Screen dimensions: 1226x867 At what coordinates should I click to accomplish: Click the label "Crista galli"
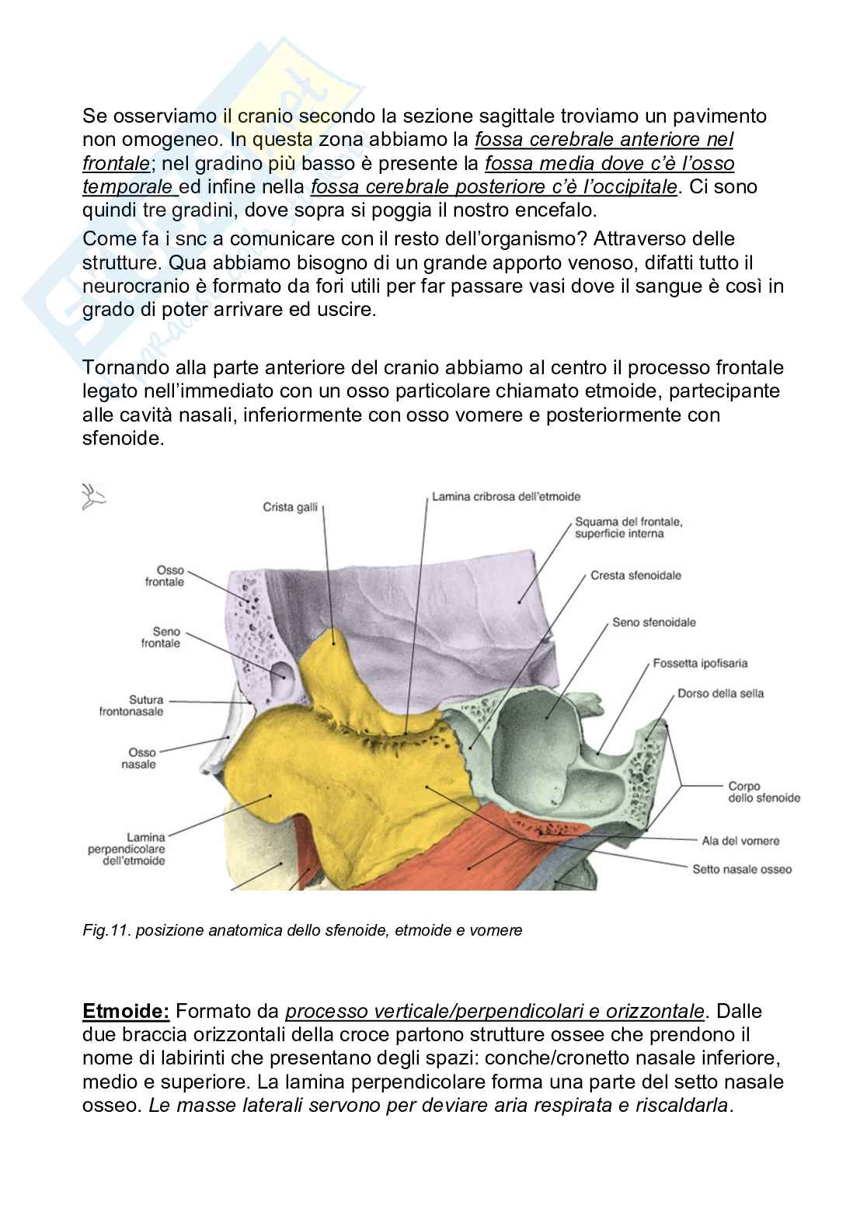[x=290, y=507]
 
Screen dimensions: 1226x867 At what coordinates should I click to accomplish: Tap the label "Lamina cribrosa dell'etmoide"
[x=506, y=496]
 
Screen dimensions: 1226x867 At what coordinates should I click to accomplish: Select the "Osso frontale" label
[x=165, y=575]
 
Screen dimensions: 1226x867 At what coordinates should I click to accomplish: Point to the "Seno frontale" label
[x=161, y=637]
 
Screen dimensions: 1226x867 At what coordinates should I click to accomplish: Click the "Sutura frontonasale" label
[x=131, y=705]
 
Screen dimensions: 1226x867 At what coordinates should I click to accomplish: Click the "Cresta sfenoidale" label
[x=635, y=575]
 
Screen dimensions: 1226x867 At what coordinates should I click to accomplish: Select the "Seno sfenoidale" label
[x=653, y=622]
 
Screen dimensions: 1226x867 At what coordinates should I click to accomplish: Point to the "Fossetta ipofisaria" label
[x=700, y=663]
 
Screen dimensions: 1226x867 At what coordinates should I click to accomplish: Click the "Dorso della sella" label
[x=720, y=693]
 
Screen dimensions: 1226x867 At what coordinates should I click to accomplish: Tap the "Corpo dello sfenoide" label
[x=764, y=791]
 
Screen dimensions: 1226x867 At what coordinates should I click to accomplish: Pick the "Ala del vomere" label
[x=740, y=840]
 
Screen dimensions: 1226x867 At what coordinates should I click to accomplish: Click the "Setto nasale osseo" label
[x=742, y=869]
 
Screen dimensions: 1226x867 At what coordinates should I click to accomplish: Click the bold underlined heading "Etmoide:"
[x=126, y=1011]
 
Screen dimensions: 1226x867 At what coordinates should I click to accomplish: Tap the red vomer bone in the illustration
[x=482, y=854]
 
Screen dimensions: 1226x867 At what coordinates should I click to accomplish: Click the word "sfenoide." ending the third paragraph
[x=124, y=438]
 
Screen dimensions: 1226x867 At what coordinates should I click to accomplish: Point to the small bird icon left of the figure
[x=93, y=497]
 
